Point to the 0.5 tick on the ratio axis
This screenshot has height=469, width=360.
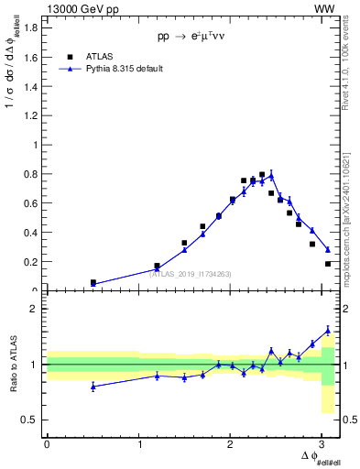point(29,420)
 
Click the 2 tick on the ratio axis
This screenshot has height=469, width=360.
point(34,310)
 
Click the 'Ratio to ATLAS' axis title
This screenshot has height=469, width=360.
point(13,365)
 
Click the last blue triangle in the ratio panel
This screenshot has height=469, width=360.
point(328,331)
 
